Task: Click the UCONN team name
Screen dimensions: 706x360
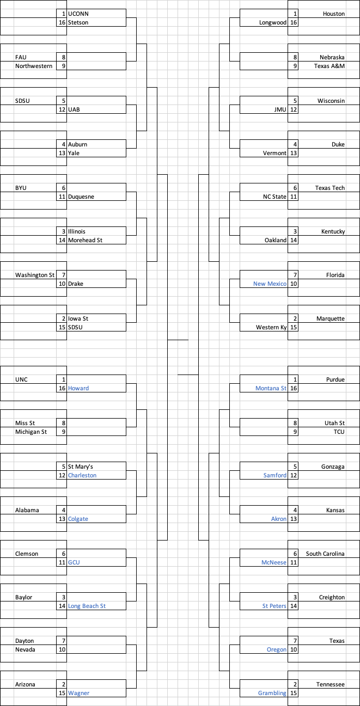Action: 78,14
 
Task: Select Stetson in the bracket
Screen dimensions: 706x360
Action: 78,22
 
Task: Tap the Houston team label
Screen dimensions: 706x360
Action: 333,14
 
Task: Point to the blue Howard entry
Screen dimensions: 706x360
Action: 78,388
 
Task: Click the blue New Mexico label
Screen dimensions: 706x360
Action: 270,284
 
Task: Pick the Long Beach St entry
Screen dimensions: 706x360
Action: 87,606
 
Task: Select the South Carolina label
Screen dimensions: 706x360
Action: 325,554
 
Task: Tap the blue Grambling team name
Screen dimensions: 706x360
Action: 272,693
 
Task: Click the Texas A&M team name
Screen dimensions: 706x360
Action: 330,66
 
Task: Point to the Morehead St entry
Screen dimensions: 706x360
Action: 85,240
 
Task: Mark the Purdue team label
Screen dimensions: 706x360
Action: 335,379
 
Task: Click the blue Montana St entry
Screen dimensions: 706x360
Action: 271,388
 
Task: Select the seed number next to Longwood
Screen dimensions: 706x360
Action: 294,22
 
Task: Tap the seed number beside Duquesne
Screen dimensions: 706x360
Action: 62,197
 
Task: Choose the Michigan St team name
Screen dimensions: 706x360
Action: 31,432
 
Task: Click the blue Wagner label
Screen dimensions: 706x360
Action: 78,693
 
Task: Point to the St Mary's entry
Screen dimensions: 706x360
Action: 81,466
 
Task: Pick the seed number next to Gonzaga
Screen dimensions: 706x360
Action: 295,466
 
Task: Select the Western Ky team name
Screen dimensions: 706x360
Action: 271,327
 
